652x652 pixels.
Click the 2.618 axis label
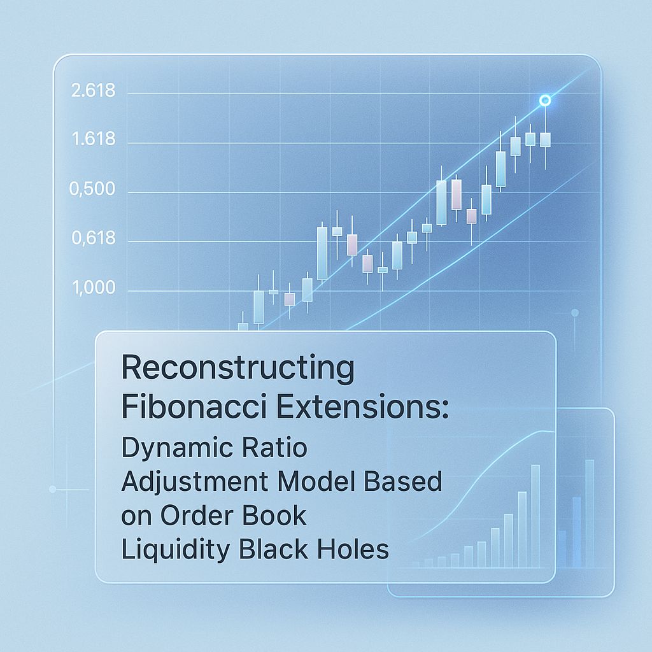(94, 91)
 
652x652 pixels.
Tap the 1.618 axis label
(94, 138)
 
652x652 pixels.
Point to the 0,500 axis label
(94, 189)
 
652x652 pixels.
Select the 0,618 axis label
(94, 239)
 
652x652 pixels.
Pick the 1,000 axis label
(94, 288)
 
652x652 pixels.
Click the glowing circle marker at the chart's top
(544, 101)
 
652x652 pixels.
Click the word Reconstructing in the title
(237, 369)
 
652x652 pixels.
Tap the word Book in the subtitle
(276, 515)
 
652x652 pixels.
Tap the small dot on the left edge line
(52, 489)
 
